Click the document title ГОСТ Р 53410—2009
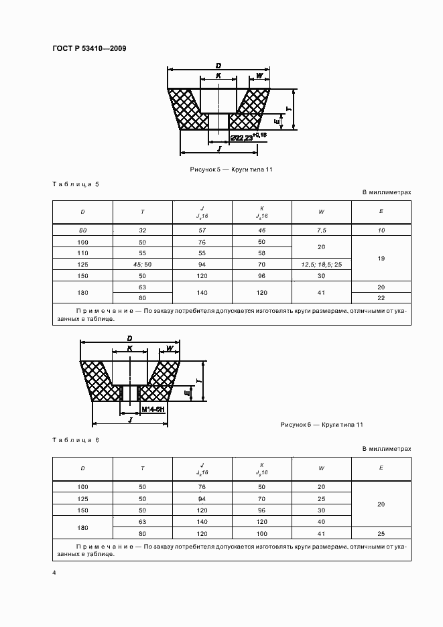tap(88, 49)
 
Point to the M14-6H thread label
tap(153, 408)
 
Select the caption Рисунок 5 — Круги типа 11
tap(231, 170)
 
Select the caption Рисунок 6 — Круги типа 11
tap(322, 425)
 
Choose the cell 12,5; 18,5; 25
tap(321, 265)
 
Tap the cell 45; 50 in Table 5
tap(142, 265)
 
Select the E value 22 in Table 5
tap(381, 298)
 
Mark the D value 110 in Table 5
tap(82, 253)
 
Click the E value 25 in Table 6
tap(381, 534)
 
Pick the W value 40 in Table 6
tap(321, 522)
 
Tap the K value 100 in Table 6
tap(261, 534)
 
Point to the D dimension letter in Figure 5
tap(218, 65)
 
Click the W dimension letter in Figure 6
tap(170, 348)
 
